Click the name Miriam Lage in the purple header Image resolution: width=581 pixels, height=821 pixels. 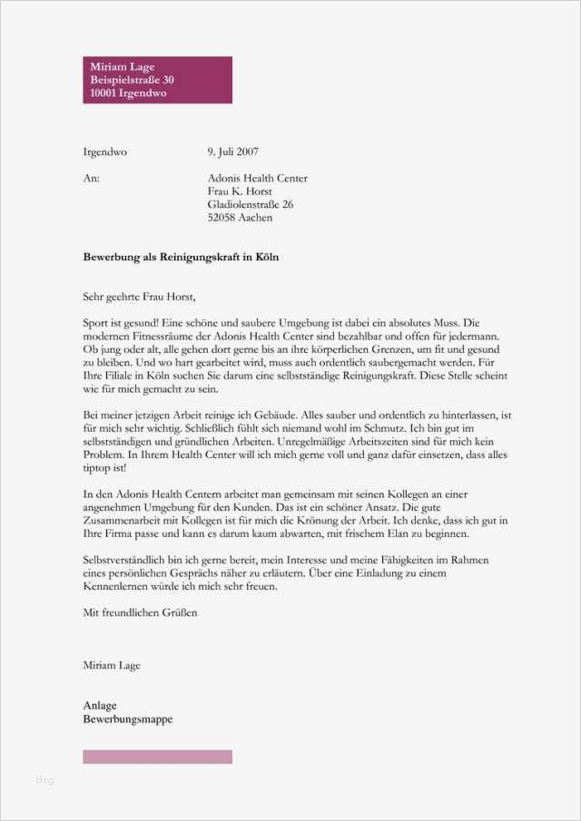[x=123, y=67]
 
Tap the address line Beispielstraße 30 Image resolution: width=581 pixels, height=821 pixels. [x=132, y=81]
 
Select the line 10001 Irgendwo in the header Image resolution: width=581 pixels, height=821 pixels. [x=128, y=94]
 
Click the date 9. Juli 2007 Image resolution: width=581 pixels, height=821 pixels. [x=233, y=151]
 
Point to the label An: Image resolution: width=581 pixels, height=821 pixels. [x=91, y=179]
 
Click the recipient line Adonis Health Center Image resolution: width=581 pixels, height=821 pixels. [x=258, y=179]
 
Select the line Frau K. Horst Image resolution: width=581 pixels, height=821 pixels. [x=240, y=191]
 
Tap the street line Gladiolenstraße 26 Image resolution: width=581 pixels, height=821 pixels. [x=251, y=205]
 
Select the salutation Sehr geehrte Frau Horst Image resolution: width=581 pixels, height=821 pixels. [x=139, y=296]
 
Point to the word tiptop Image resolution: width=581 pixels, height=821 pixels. [x=98, y=467]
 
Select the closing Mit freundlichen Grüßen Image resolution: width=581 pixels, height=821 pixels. [x=140, y=612]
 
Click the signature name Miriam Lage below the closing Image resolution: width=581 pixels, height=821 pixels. [x=112, y=665]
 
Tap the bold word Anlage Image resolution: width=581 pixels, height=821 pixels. [x=100, y=706]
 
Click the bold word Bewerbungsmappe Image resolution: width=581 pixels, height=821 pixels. [x=127, y=719]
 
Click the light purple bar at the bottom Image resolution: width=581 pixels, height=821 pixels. [x=157, y=757]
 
